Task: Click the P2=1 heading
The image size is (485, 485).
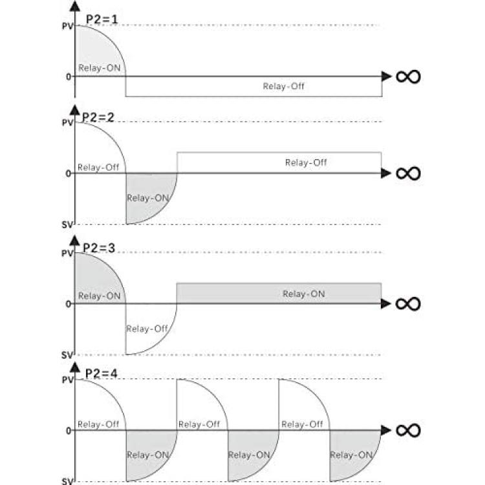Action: [102, 19]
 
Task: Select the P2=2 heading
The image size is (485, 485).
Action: [98, 117]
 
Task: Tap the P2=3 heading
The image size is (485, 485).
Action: [99, 248]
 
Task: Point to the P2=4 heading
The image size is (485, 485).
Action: [101, 374]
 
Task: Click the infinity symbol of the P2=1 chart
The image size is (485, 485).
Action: [408, 77]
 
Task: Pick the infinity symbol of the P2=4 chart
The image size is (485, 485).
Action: [408, 430]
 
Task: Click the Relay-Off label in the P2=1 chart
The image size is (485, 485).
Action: [284, 86]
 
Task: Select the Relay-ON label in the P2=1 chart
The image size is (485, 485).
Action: [100, 68]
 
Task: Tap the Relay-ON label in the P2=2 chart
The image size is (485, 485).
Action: [148, 198]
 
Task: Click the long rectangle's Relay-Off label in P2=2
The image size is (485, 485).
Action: [306, 162]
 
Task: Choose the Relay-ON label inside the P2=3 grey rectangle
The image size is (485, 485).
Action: [304, 294]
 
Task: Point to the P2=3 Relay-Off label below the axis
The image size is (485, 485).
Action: [147, 329]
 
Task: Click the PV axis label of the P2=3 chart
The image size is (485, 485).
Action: [67, 253]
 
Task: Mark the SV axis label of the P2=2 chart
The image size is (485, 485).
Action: [67, 225]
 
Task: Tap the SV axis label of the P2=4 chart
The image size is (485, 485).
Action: [67, 481]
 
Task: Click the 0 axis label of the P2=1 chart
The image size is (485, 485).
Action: [69, 77]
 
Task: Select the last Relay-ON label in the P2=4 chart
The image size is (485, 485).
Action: [351, 455]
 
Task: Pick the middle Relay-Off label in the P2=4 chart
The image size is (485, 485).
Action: [199, 424]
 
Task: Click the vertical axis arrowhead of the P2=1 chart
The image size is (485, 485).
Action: [75, 6]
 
